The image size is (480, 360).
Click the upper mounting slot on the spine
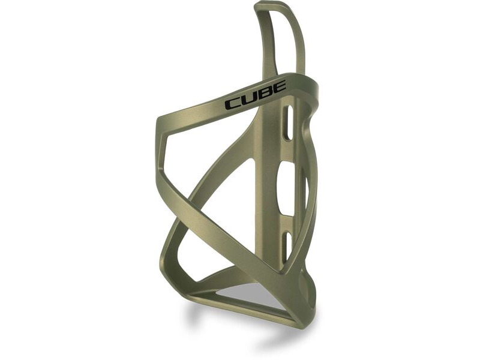click(288, 123)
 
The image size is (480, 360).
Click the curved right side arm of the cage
click(312, 180)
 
